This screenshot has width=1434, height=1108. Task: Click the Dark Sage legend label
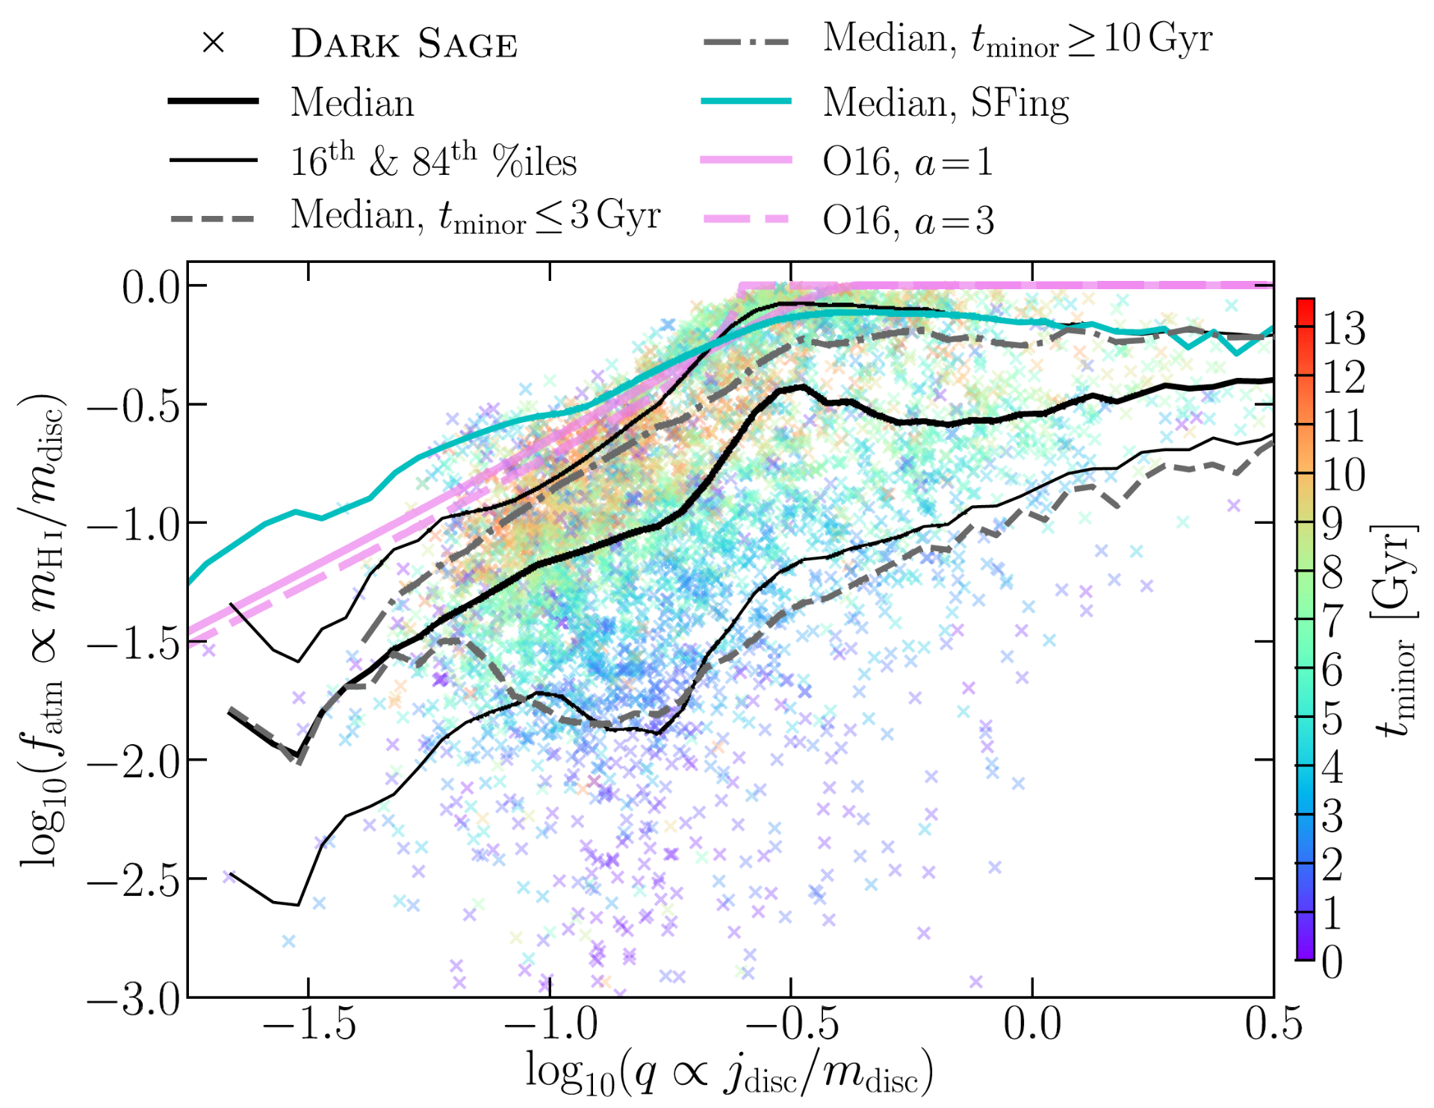click(x=404, y=44)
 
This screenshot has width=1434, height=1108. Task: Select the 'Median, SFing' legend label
click(x=946, y=103)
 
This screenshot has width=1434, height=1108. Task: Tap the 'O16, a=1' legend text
click(x=908, y=161)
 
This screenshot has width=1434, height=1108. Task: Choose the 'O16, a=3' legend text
click(x=908, y=220)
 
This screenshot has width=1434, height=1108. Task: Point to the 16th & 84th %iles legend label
click(x=433, y=160)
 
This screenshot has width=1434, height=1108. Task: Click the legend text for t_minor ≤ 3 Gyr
click(x=476, y=217)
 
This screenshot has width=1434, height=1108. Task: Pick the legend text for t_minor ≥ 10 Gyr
click(x=1017, y=39)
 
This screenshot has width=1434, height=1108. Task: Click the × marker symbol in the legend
click(x=214, y=43)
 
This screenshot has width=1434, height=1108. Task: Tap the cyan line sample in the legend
click(x=746, y=101)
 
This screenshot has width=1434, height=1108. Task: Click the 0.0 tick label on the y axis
click(x=152, y=287)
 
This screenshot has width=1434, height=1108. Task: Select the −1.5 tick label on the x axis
click(x=309, y=1024)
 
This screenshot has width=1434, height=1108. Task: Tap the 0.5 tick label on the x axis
click(x=1273, y=1024)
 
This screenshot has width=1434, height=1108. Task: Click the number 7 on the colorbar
click(x=1332, y=621)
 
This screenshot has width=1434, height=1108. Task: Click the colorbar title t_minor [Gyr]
click(x=1394, y=631)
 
